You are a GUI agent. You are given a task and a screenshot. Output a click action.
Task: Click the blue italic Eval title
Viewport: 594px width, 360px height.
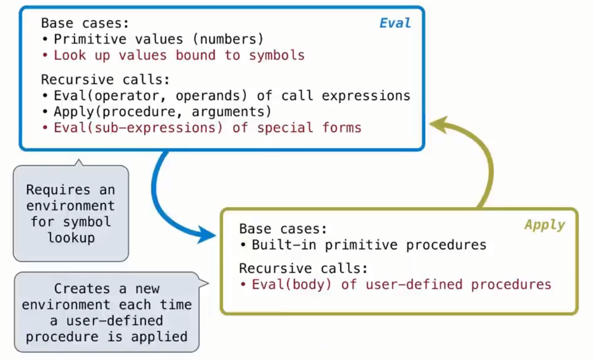[x=395, y=23]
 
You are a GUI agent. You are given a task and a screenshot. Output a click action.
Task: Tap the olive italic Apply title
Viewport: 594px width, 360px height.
[x=545, y=225]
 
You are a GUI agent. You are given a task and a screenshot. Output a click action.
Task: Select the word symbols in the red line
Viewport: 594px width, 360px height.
[x=277, y=56]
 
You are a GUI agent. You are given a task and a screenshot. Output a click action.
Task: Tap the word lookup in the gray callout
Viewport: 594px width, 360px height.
[x=71, y=238]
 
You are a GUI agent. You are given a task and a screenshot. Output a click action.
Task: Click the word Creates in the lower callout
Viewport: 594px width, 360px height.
[x=82, y=289]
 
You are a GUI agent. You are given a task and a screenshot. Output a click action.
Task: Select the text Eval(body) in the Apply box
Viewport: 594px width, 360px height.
[x=292, y=284]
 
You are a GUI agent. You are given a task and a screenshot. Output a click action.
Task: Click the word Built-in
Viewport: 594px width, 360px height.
[x=284, y=245]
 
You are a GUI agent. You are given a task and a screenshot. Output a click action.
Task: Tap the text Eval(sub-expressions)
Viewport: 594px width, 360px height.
[x=138, y=128]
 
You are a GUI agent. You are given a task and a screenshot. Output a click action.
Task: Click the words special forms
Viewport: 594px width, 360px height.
[x=309, y=128]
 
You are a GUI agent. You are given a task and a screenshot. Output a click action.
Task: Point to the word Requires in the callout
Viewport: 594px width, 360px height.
[x=59, y=189]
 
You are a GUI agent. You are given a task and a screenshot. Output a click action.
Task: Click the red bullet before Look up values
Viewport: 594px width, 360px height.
[x=46, y=56]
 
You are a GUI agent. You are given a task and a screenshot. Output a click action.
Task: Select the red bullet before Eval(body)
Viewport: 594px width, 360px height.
[x=243, y=285]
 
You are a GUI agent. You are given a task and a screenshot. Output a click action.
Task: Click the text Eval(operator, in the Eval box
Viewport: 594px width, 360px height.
[x=110, y=96]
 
